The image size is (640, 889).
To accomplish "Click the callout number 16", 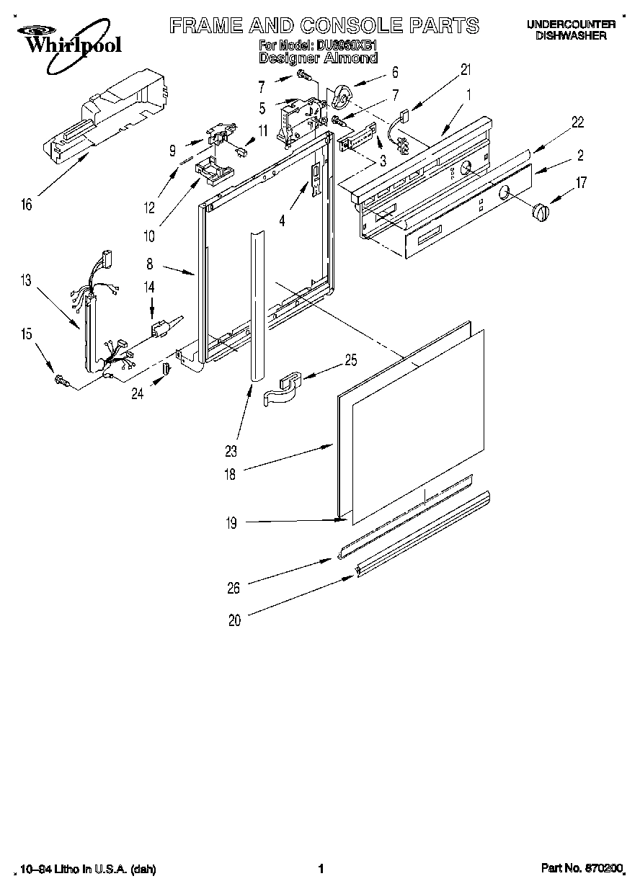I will (27, 205).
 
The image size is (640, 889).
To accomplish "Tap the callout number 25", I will (350, 359).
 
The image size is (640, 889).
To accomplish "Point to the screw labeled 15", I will (61, 380).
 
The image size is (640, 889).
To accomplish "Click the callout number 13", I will (26, 281).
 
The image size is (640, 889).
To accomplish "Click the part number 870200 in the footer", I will (602, 869).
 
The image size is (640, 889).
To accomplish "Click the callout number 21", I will (466, 69).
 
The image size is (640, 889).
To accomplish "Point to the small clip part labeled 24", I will (165, 369).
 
